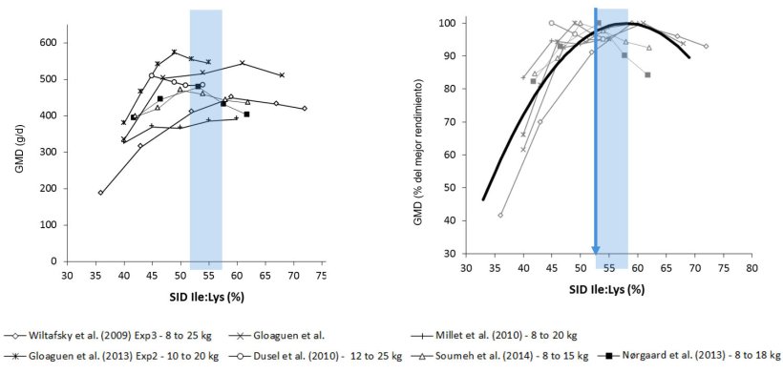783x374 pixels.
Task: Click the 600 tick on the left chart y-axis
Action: coord(46,43)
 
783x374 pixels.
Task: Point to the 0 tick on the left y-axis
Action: coord(53,260)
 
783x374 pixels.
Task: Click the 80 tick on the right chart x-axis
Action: coord(751,270)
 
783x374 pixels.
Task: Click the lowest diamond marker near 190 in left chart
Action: coord(100,192)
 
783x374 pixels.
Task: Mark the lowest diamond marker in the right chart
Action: coord(500,215)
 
